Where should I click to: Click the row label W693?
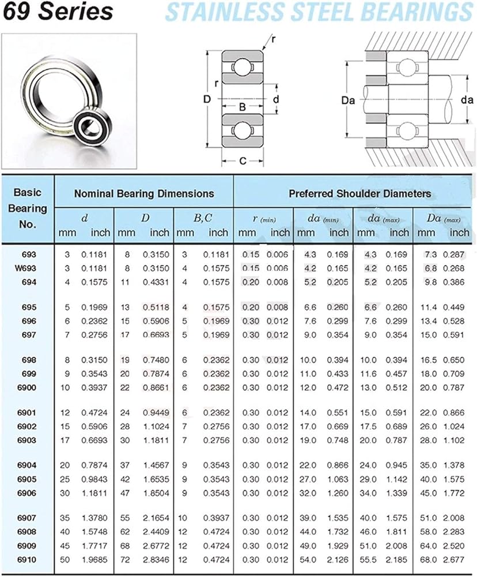(x=28, y=268)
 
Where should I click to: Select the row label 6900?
(x=28, y=387)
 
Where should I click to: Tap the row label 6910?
(x=28, y=559)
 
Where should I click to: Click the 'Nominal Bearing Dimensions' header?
(x=143, y=194)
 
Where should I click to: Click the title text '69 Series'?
(x=58, y=12)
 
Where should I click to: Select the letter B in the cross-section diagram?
(x=243, y=107)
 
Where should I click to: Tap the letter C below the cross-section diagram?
(x=243, y=161)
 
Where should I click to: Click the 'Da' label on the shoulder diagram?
(x=347, y=100)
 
